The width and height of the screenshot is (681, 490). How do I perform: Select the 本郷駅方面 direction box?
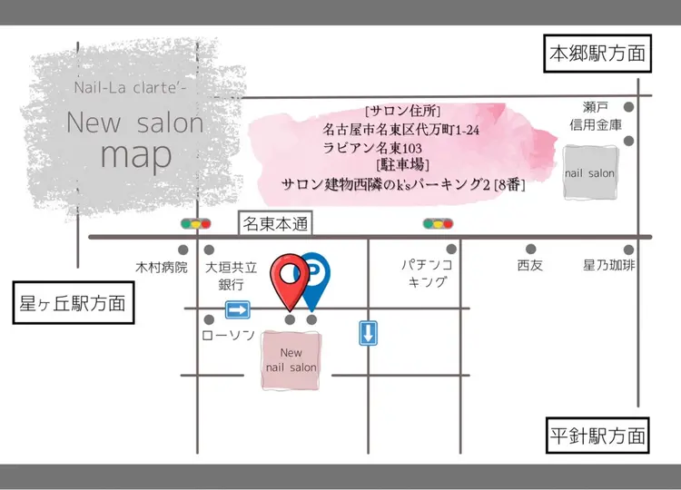pyautogui.click(x=597, y=54)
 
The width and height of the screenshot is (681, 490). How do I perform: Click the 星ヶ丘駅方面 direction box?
pyautogui.click(x=73, y=303)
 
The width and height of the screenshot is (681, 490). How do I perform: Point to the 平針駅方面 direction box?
pyautogui.click(x=597, y=434)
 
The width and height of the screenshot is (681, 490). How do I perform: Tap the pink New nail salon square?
pyautogui.click(x=291, y=360)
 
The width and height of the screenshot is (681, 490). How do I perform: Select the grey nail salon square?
pyautogui.click(x=589, y=173)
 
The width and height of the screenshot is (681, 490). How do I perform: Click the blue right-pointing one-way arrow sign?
pyautogui.click(x=237, y=310)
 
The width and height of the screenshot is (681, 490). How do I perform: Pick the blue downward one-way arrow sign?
pyautogui.click(x=368, y=333)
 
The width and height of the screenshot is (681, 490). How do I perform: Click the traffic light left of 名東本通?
pyautogui.click(x=195, y=223)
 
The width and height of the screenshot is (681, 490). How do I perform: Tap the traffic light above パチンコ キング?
pyautogui.click(x=438, y=223)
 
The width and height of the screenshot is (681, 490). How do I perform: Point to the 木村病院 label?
pyautogui.click(x=161, y=268)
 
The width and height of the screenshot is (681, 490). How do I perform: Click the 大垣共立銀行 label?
pyautogui.click(x=232, y=275)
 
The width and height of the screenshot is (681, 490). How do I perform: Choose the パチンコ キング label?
pyautogui.click(x=426, y=274)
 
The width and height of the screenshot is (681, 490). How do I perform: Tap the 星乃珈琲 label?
pyautogui.click(x=608, y=267)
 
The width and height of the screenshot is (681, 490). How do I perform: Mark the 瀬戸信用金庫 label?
pyautogui.click(x=596, y=115)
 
